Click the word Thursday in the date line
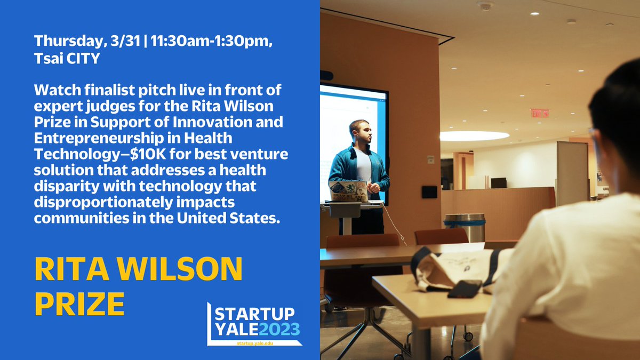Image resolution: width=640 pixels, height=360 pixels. tap(68, 41)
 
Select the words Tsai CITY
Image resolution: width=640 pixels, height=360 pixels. tap(67, 58)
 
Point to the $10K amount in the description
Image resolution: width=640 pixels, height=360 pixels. tap(148, 154)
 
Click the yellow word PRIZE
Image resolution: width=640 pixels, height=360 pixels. tap(79, 304)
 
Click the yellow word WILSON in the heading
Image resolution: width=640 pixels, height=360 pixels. tap(180, 269)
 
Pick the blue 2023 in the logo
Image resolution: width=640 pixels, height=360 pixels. tap(279, 329)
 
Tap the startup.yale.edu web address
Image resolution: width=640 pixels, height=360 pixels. tap(255, 343)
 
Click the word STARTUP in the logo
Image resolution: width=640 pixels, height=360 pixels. tap(254, 314)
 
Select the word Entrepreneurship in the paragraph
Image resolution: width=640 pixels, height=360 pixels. tap(99, 138)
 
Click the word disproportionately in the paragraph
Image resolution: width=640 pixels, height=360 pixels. tap(103, 202)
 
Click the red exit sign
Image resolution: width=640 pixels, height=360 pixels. tap(540, 113)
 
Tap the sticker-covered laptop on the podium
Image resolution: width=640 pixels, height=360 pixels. tap(348, 191)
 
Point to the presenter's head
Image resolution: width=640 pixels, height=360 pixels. tap(361, 132)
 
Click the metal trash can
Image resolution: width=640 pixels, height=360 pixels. tap(465, 227)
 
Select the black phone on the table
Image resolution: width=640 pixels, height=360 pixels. tap(465, 289)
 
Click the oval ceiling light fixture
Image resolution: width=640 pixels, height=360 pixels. tap(475, 136)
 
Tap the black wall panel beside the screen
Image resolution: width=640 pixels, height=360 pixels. tap(429, 192)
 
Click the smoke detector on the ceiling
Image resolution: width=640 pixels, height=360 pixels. tap(485, 5)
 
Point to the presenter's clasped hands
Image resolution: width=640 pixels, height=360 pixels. tap(373, 188)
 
